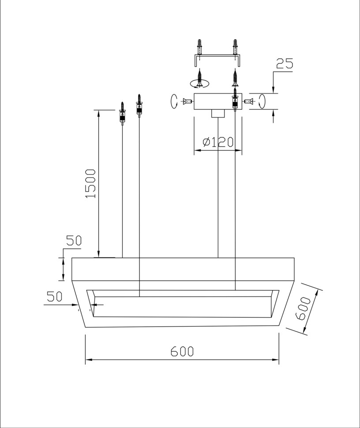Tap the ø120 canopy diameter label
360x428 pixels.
tap(218, 142)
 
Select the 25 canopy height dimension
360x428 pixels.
tap(285, 64)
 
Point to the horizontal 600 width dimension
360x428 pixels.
tap(182, 351)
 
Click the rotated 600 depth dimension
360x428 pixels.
tap(304, 308)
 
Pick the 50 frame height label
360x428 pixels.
tap(74, 241)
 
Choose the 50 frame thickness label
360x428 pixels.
tap(55, 297)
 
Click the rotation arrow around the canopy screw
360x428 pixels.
tap(199, 83)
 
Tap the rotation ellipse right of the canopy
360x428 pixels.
tap(262, 101)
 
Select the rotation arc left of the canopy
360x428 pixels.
tap(173, 101)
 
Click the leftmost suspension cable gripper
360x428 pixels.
tap(123, 113)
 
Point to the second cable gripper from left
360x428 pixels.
tap(139, 106)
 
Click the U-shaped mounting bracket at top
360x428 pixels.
tap(217, 60)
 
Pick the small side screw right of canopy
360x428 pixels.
tap(248, 101)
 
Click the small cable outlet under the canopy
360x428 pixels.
tap(218, 113)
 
